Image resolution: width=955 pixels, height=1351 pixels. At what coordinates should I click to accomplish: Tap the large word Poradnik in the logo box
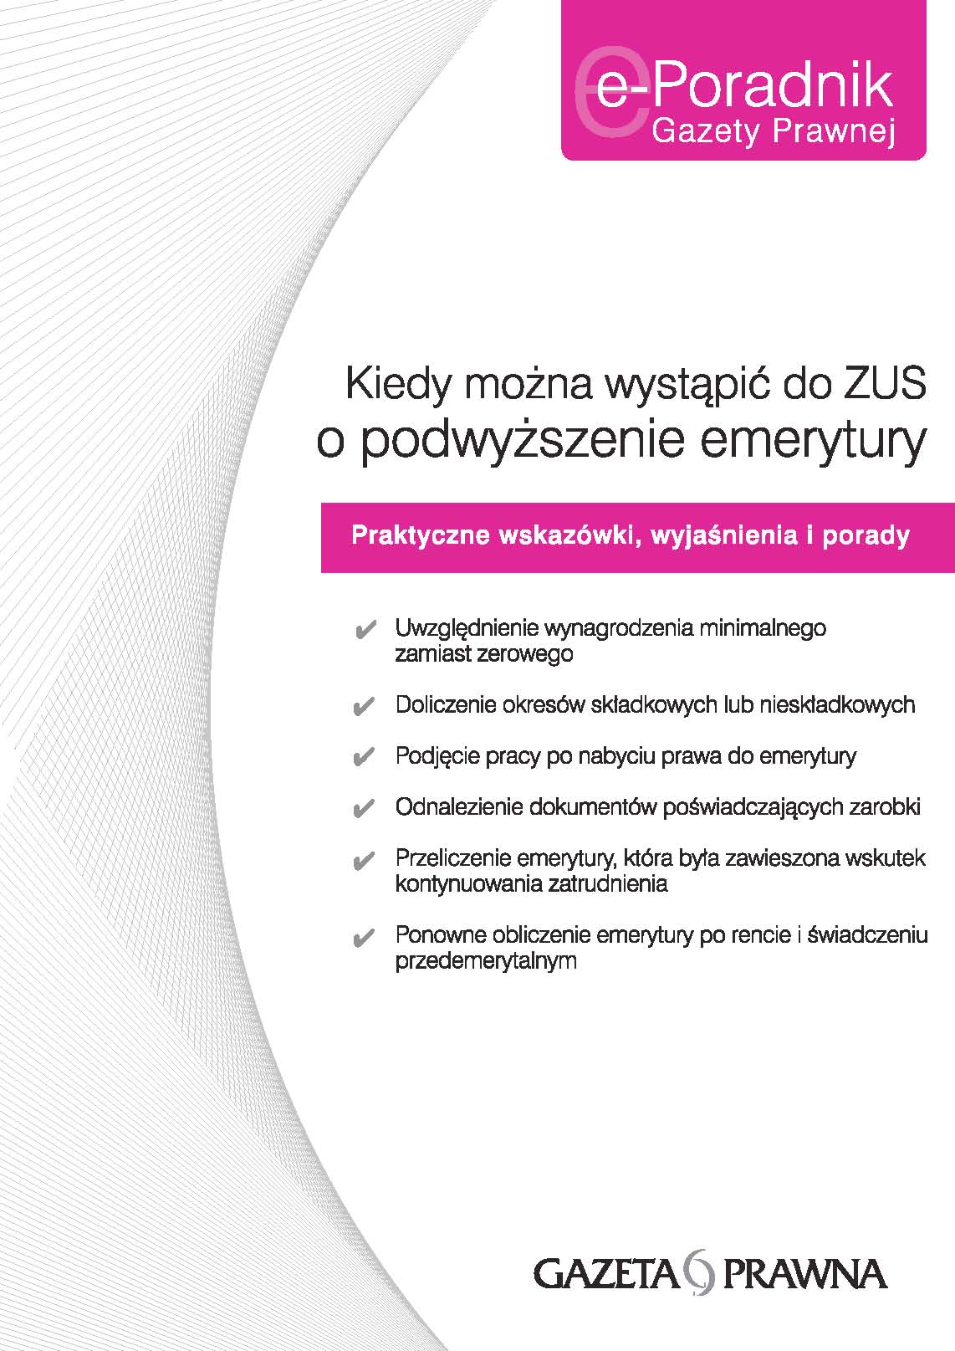(773, 87)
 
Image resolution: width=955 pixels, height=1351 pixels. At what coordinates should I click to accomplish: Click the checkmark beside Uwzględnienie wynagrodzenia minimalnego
(364, 630)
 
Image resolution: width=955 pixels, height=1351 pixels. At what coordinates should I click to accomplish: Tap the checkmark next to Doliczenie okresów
(364, 706)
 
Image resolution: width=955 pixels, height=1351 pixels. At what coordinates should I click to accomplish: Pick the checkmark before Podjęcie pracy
(364, 757)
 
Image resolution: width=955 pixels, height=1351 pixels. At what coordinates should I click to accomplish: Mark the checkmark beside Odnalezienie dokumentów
(364, 808)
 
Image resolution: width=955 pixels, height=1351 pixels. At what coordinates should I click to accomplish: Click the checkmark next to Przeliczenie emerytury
(364, 861)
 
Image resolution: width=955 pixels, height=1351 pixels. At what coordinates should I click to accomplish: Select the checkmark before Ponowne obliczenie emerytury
(364, 937)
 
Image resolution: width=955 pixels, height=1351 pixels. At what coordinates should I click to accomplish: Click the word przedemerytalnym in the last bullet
(486, 961)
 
